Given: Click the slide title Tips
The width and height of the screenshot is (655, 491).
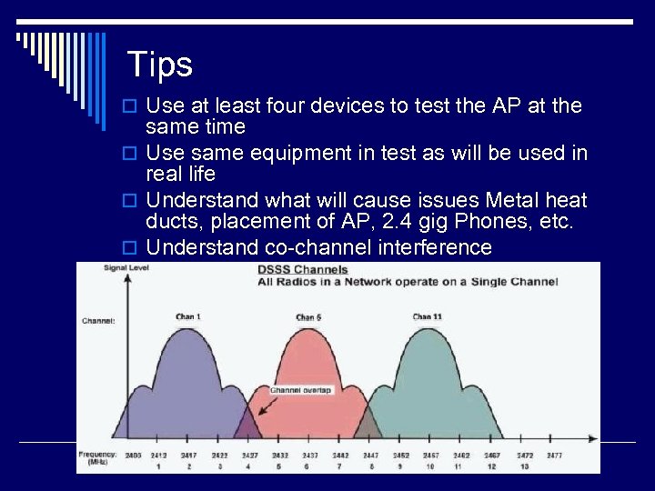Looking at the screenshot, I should pos(159,65).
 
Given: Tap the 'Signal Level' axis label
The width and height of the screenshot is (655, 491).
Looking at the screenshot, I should pos(126,267).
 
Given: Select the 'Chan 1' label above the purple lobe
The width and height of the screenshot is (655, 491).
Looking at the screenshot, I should pos(188,316).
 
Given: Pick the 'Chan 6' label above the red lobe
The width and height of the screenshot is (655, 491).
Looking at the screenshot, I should pos(309,317).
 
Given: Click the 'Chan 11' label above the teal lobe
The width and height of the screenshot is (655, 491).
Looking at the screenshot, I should pos(427,316).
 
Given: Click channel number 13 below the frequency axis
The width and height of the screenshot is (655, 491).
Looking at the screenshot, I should pos(524,466).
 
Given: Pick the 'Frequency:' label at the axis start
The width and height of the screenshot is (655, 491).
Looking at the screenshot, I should pos(97,453).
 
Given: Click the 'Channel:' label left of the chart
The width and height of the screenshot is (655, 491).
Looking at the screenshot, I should pos(98,320).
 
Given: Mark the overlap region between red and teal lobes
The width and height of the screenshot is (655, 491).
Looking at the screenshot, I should pos(368,424).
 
